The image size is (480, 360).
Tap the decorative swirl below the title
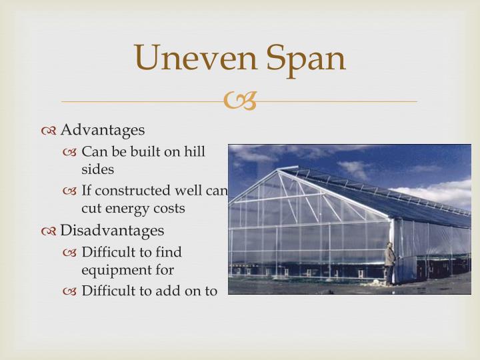point(239,101)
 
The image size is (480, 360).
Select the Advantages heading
point(103,129)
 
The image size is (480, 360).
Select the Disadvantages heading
point(112,231)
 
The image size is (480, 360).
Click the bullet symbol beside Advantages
point(49,130)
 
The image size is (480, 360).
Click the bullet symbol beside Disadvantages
point(49,231)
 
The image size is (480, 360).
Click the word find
point(169,252)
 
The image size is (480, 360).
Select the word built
point(147,152)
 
